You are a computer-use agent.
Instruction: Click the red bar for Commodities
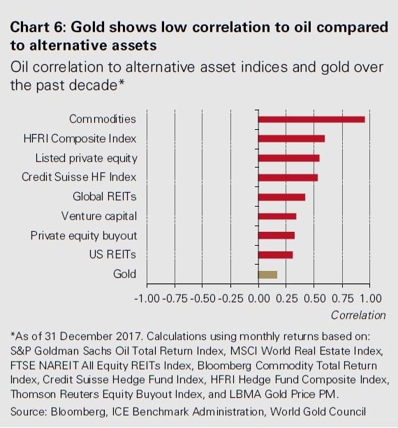(311, 119)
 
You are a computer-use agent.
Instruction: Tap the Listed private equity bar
(288, 158)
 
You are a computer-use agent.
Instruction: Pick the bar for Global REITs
(281, 197)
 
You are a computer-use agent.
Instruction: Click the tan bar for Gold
(267, 274)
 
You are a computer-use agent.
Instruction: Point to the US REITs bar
(275, 255)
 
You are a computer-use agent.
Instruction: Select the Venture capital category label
(99, 216)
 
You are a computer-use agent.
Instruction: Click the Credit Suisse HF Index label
(79, 177)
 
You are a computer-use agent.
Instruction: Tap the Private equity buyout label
(84, 235)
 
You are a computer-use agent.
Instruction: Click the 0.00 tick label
(258, 299)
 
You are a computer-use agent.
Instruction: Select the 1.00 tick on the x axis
(369, 299)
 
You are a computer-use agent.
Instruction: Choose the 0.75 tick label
(341, 299)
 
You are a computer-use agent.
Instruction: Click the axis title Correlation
(358, 315)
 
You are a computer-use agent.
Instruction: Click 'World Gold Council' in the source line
(318, 411)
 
